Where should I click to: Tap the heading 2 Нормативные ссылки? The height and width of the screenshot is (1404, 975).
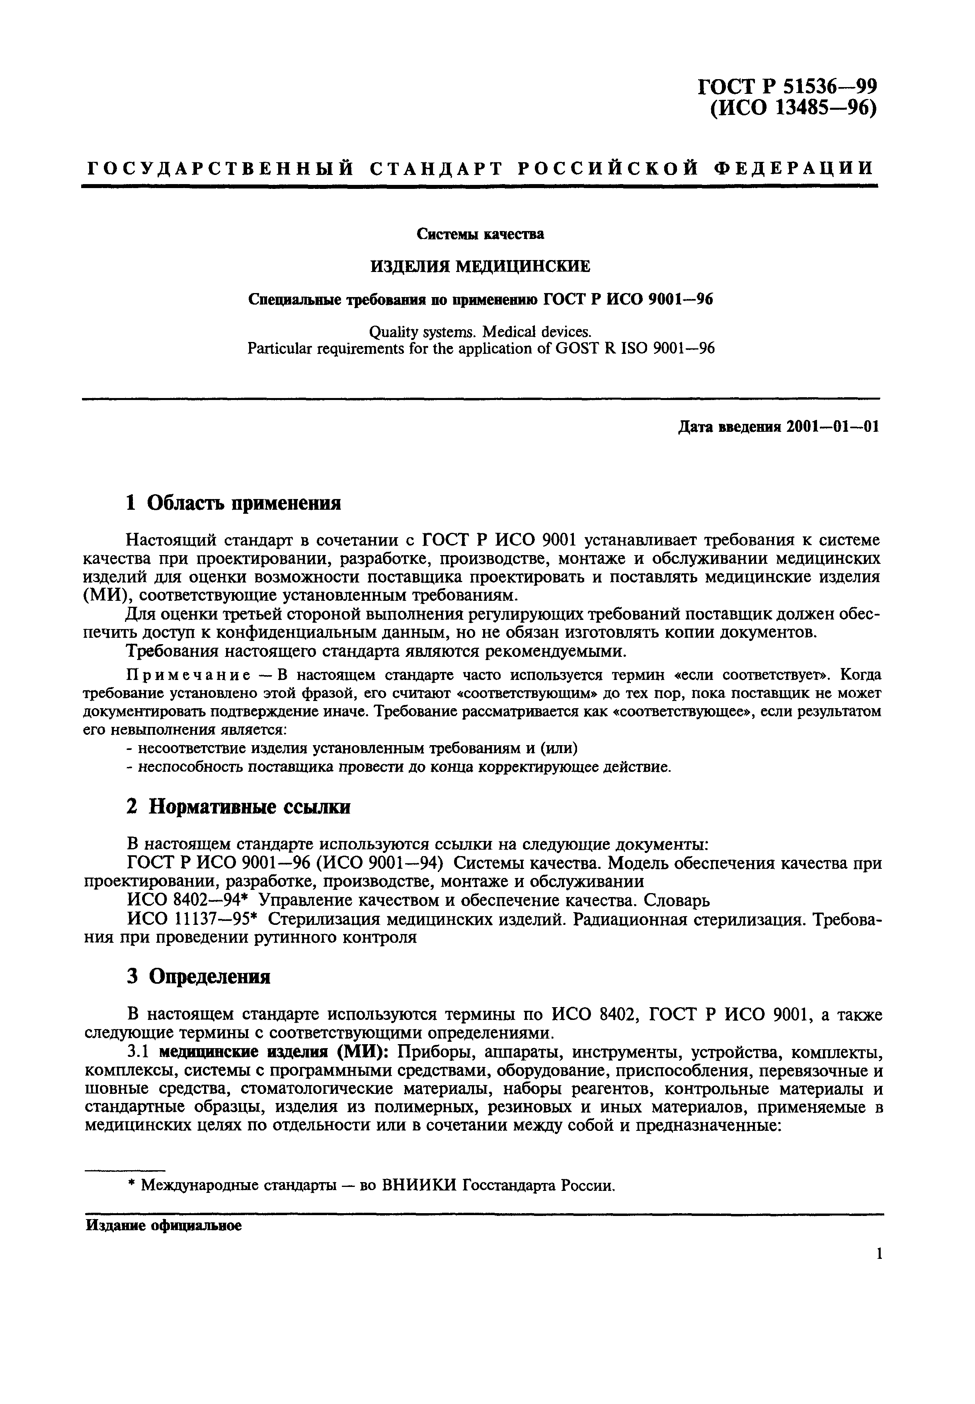coord(238,807)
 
